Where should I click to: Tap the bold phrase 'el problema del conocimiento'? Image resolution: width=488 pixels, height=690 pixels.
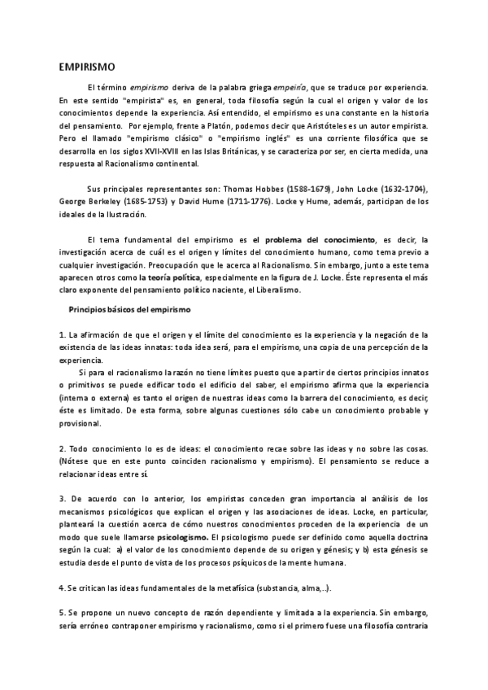314,239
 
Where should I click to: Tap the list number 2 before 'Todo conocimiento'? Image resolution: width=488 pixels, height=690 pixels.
63,449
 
